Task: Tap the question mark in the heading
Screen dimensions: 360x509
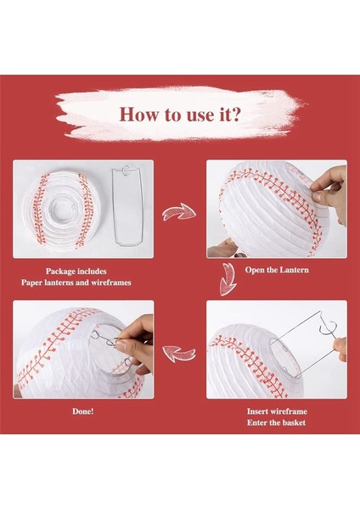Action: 235,114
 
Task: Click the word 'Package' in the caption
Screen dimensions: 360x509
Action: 62,271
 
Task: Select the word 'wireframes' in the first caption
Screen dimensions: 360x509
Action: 110,282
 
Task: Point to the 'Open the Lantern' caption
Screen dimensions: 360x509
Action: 277,270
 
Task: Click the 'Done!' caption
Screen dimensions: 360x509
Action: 83,411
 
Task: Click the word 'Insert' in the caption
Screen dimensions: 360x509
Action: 257,411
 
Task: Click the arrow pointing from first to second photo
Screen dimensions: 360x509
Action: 179,212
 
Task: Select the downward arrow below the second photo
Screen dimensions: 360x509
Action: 228,279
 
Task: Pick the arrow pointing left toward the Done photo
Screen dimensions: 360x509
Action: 179,353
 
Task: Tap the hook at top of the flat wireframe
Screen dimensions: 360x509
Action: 126,170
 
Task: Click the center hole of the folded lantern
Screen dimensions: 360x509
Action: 62,209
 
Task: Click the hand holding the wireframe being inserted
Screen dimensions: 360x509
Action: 340,349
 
